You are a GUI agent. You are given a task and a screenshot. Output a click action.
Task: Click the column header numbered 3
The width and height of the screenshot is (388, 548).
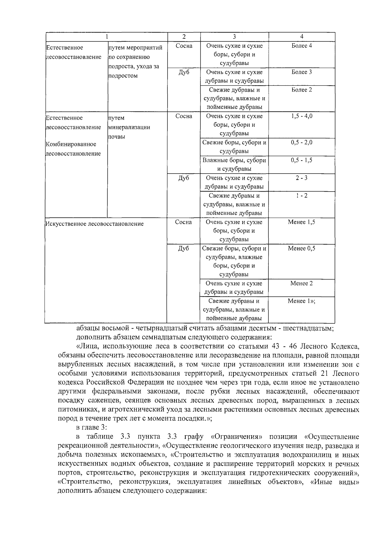[234, 37]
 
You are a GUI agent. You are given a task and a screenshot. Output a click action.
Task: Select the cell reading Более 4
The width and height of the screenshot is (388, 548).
[301, 46]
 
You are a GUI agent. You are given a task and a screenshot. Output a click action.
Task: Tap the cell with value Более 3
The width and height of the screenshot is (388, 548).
[301, 72]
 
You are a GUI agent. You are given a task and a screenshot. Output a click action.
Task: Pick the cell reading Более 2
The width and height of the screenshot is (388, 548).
[301, 90]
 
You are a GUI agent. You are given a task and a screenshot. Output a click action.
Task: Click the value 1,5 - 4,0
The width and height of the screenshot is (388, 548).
[301, 116]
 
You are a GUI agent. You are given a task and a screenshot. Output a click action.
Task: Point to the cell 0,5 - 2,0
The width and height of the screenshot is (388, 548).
[301, 142]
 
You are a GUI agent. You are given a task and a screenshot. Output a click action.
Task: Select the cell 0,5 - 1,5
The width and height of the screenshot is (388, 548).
[301, 160]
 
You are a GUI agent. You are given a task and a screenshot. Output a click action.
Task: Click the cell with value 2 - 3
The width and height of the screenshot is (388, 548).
[301, 178]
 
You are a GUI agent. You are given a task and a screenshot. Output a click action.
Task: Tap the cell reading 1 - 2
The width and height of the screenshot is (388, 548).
[301, 195]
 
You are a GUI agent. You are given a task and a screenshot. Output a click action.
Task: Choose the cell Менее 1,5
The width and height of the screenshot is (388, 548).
[301, 222]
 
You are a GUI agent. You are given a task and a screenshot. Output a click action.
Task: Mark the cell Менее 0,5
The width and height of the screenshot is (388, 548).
[301, 248]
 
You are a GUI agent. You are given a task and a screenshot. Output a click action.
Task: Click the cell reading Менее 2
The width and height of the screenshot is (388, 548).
[301, 283]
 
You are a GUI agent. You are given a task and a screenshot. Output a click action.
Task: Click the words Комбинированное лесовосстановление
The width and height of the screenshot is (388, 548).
[73, 149]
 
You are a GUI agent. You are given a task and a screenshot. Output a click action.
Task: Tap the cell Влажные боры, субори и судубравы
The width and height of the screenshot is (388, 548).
[234, 164]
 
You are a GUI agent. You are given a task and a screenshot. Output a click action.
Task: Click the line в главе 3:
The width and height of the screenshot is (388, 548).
[92, 427]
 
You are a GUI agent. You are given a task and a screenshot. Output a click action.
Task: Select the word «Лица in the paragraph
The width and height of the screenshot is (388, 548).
[85, 347]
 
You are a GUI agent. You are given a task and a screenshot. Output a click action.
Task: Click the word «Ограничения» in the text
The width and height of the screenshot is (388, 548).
[236, 437]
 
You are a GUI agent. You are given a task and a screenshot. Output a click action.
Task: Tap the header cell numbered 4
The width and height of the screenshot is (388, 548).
[301, 37]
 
